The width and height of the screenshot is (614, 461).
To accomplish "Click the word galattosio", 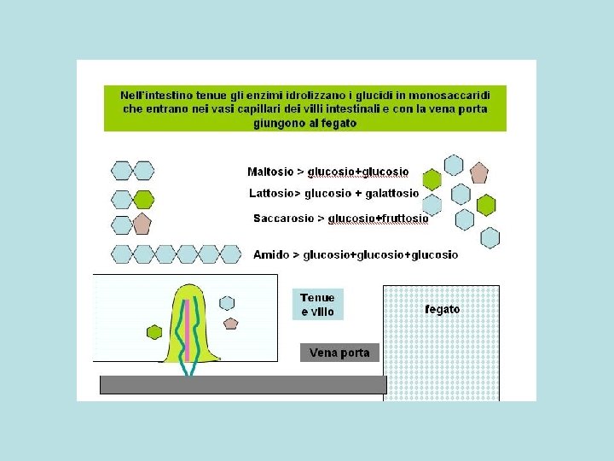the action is [x=393, y=194].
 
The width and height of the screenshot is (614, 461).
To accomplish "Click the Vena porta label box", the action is [x=339, y=353].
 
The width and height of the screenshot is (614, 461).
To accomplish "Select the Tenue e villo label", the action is [x=318, y=304].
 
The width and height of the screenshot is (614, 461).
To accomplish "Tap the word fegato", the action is [x=442, y=309].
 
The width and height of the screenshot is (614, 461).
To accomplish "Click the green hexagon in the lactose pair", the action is [x=143, y=200].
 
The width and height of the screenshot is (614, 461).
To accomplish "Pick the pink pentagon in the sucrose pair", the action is [x=142, y=225].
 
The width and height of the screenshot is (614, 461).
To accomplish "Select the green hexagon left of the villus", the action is [x=154, y=331].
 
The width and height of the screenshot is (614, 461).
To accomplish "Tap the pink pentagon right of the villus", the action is [x=230, y=323].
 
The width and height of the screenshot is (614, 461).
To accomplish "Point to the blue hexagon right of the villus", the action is [x=227, y=302].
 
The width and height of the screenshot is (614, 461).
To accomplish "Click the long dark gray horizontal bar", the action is [x=243, y=385].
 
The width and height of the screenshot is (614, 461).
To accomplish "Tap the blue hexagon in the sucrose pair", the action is [x=122, y=225].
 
